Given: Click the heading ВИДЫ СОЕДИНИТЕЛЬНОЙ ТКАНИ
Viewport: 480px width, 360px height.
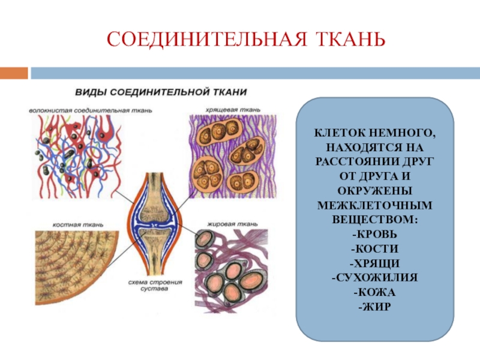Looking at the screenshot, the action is [161, 93].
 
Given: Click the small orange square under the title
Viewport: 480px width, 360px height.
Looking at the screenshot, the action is [14, 73].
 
